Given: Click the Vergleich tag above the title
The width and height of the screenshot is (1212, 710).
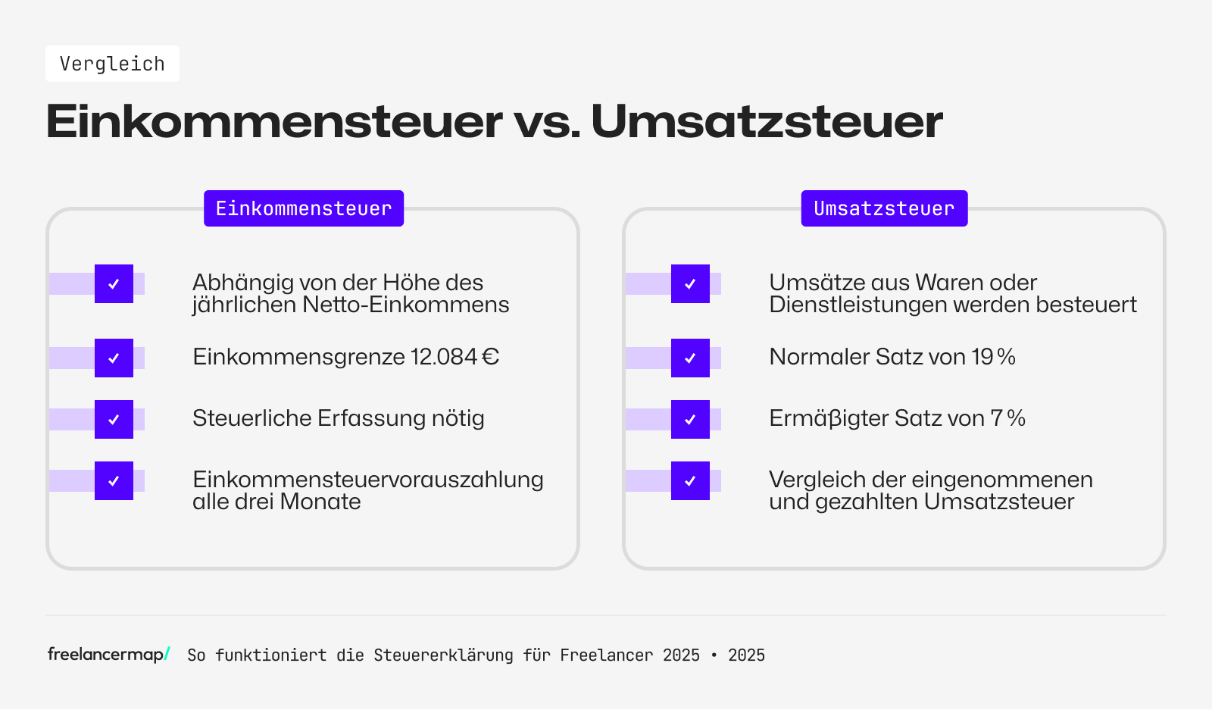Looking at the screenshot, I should [112, 64].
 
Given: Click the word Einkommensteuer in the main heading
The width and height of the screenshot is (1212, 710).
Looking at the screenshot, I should [273, 121].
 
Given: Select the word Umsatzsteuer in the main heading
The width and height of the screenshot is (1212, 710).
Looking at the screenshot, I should [767, 121].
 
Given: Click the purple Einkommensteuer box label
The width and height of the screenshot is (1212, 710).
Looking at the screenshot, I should [303, 208].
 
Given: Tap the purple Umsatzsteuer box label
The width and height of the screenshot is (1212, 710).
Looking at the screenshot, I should [884, 208].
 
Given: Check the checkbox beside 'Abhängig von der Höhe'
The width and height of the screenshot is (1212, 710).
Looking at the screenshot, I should [114, 283].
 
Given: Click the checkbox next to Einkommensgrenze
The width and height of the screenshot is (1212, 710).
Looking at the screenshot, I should [114, 358].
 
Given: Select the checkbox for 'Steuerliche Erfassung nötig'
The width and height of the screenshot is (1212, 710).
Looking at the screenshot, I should [114, 419].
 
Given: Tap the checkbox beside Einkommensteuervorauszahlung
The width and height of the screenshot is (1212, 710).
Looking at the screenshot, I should [114, 480].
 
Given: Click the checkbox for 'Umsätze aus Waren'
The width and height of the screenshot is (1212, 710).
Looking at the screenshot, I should [690, 283].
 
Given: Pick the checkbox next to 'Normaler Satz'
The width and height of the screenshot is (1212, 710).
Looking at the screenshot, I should [690, 358].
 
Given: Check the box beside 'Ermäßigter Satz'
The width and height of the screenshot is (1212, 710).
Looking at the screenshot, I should [690, 419].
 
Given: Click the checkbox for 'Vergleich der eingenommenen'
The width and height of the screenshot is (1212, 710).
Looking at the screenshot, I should [690, 480].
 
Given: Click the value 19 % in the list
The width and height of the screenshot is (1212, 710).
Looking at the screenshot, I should [993, 357].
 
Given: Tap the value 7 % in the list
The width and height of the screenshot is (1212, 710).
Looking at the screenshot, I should [1007, 418].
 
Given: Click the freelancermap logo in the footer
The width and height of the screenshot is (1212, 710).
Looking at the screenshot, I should [108, 654].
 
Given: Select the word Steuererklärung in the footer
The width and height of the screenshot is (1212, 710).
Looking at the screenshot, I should [443, 655].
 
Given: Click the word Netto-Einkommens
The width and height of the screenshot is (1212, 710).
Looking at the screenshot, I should [405, 305].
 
